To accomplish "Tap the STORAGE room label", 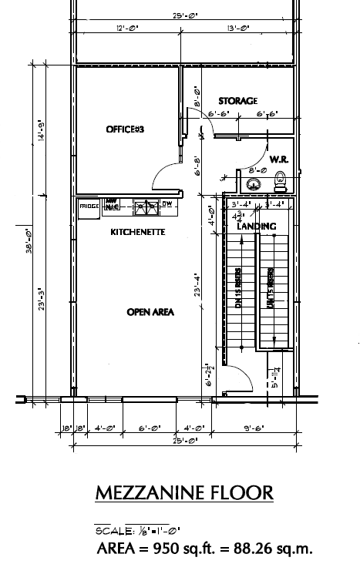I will (x=237, y=101).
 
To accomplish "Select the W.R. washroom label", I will (x=278, y=159).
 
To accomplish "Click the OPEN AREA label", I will (x=150, y=312).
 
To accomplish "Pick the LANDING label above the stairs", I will (x=257, y=227).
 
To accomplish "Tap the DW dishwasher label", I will (x=167, y=204).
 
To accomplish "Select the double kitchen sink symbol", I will (x=144, y=206).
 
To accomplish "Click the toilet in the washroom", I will (x=280, y=182).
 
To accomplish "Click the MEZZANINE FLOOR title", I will (x=183, y=492).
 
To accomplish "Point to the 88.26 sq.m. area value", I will (x=276, y=549).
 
